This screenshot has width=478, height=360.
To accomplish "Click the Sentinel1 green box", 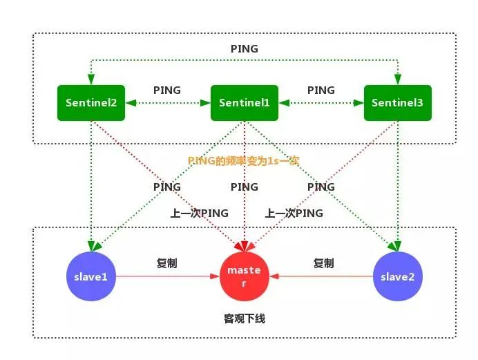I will pos(245,102).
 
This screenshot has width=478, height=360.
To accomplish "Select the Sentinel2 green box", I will pos(91,102).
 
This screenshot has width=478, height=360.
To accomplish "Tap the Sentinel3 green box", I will pos(397,102).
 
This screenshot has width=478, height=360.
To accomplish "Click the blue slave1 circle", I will pos(91,276).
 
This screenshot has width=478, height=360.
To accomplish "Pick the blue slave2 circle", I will pos(397,276).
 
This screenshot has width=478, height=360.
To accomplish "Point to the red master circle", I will pos(245,276).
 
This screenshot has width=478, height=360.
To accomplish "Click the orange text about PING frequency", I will pos(243,160).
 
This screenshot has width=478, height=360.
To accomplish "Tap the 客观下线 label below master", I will pos(245,319).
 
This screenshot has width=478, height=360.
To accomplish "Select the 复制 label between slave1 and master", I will pos(167,263).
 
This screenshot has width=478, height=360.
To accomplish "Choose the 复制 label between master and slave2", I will pos(323,263).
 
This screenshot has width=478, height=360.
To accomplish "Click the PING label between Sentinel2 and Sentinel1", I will pos(167,91).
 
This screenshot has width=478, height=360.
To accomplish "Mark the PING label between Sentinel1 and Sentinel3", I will pos(321,91).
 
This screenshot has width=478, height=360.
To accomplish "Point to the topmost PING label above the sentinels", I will pos(245,49).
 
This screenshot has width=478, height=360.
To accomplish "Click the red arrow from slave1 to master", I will pos(167,276).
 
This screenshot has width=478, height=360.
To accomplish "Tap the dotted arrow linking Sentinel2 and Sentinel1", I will pos(167,103).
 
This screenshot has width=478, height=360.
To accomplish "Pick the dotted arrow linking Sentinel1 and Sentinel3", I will pos(321,103).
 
